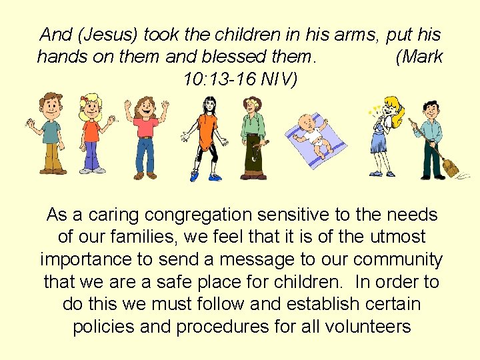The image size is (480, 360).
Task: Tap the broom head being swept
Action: tap(451, 167)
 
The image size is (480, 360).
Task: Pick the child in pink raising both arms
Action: tap(145, 133)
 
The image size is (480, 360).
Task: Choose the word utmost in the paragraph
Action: tap(395, 237)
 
